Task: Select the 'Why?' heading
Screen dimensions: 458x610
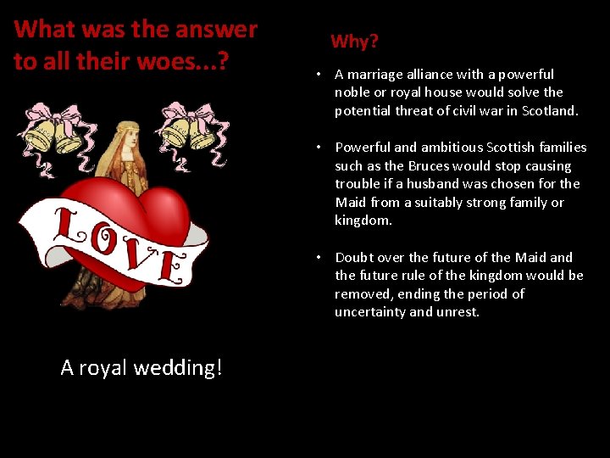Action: tap(354, 41)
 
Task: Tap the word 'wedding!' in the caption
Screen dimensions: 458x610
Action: tap(182, 367)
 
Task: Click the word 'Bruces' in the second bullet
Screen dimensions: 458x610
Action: tap(431, 165)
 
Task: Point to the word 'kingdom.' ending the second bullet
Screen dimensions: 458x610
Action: tap(363, 221)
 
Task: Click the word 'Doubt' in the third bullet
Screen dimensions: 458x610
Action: tap(353, 257)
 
